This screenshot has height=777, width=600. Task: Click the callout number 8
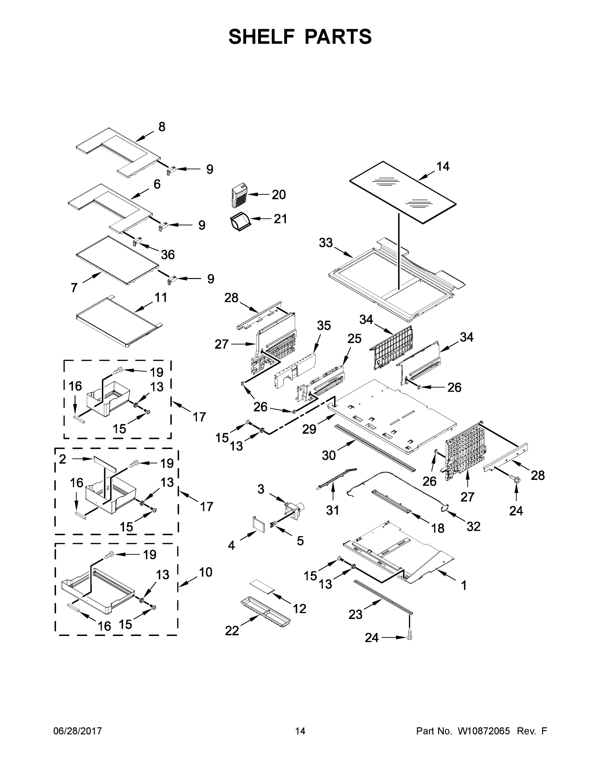click(x=162, y=127)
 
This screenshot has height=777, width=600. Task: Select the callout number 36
click(x=168, y=254)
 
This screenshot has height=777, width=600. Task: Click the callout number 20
click(x=279, y=195)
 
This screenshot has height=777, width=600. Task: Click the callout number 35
click(x=323, y=325)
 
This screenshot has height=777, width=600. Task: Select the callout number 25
click(x=354, y=338)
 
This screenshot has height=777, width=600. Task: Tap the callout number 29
click(x=309, y=429)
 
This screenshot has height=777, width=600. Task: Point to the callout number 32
click(x=473, y=526)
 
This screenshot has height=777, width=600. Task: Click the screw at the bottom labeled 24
click(x=409, y=636)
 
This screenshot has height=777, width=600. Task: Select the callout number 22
click(x=232, y=631)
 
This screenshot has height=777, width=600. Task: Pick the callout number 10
click(x=205, y=572)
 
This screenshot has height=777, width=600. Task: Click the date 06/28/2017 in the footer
click(x=78, y=731)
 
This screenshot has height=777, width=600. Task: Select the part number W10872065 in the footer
click(x=484, y=731)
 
